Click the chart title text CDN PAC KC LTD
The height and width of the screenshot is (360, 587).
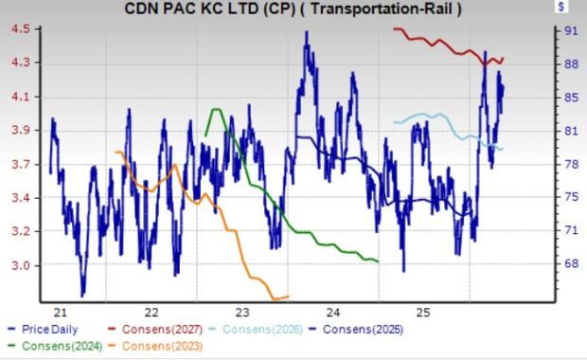point(192,9)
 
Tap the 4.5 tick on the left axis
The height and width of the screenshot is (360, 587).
point(21,28)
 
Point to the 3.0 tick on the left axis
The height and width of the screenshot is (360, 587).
point(21,265)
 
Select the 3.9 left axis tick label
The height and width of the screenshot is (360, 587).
point(21,131)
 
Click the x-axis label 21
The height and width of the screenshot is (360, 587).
point(61,312)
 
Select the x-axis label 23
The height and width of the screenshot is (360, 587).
point(242,312)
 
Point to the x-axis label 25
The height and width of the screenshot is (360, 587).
point(424,312)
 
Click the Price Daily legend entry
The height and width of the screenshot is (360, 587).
point(43,330)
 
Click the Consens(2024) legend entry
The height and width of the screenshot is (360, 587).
point(55,346)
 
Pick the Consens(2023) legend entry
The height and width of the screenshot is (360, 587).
point(155,346)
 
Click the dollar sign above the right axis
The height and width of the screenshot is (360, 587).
point(560,7)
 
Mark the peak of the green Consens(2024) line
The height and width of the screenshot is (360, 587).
point(216,109)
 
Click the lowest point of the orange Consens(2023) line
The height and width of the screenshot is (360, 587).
point(275,299)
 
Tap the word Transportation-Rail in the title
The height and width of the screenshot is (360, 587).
point(382,9)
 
